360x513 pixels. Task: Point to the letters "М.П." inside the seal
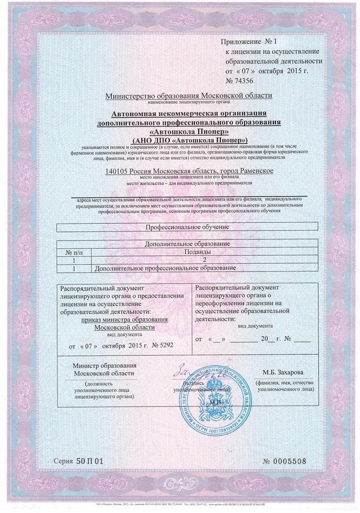(216, 403)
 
